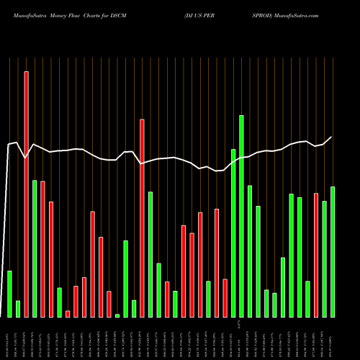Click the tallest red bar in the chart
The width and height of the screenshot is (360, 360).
[27, 194]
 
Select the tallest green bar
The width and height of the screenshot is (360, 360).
[241, 216]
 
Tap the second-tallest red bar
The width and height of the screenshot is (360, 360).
[142, 218]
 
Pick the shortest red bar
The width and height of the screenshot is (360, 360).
[68, 314]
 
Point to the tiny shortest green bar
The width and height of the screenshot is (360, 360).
[117, 315]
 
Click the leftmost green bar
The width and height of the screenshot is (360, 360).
[10, 294]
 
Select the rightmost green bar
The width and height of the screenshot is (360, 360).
[333, 252]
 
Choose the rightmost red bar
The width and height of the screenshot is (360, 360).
[316, 255]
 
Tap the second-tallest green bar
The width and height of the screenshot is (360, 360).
[233, 233]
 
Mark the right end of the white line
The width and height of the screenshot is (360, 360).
[332, 137]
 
